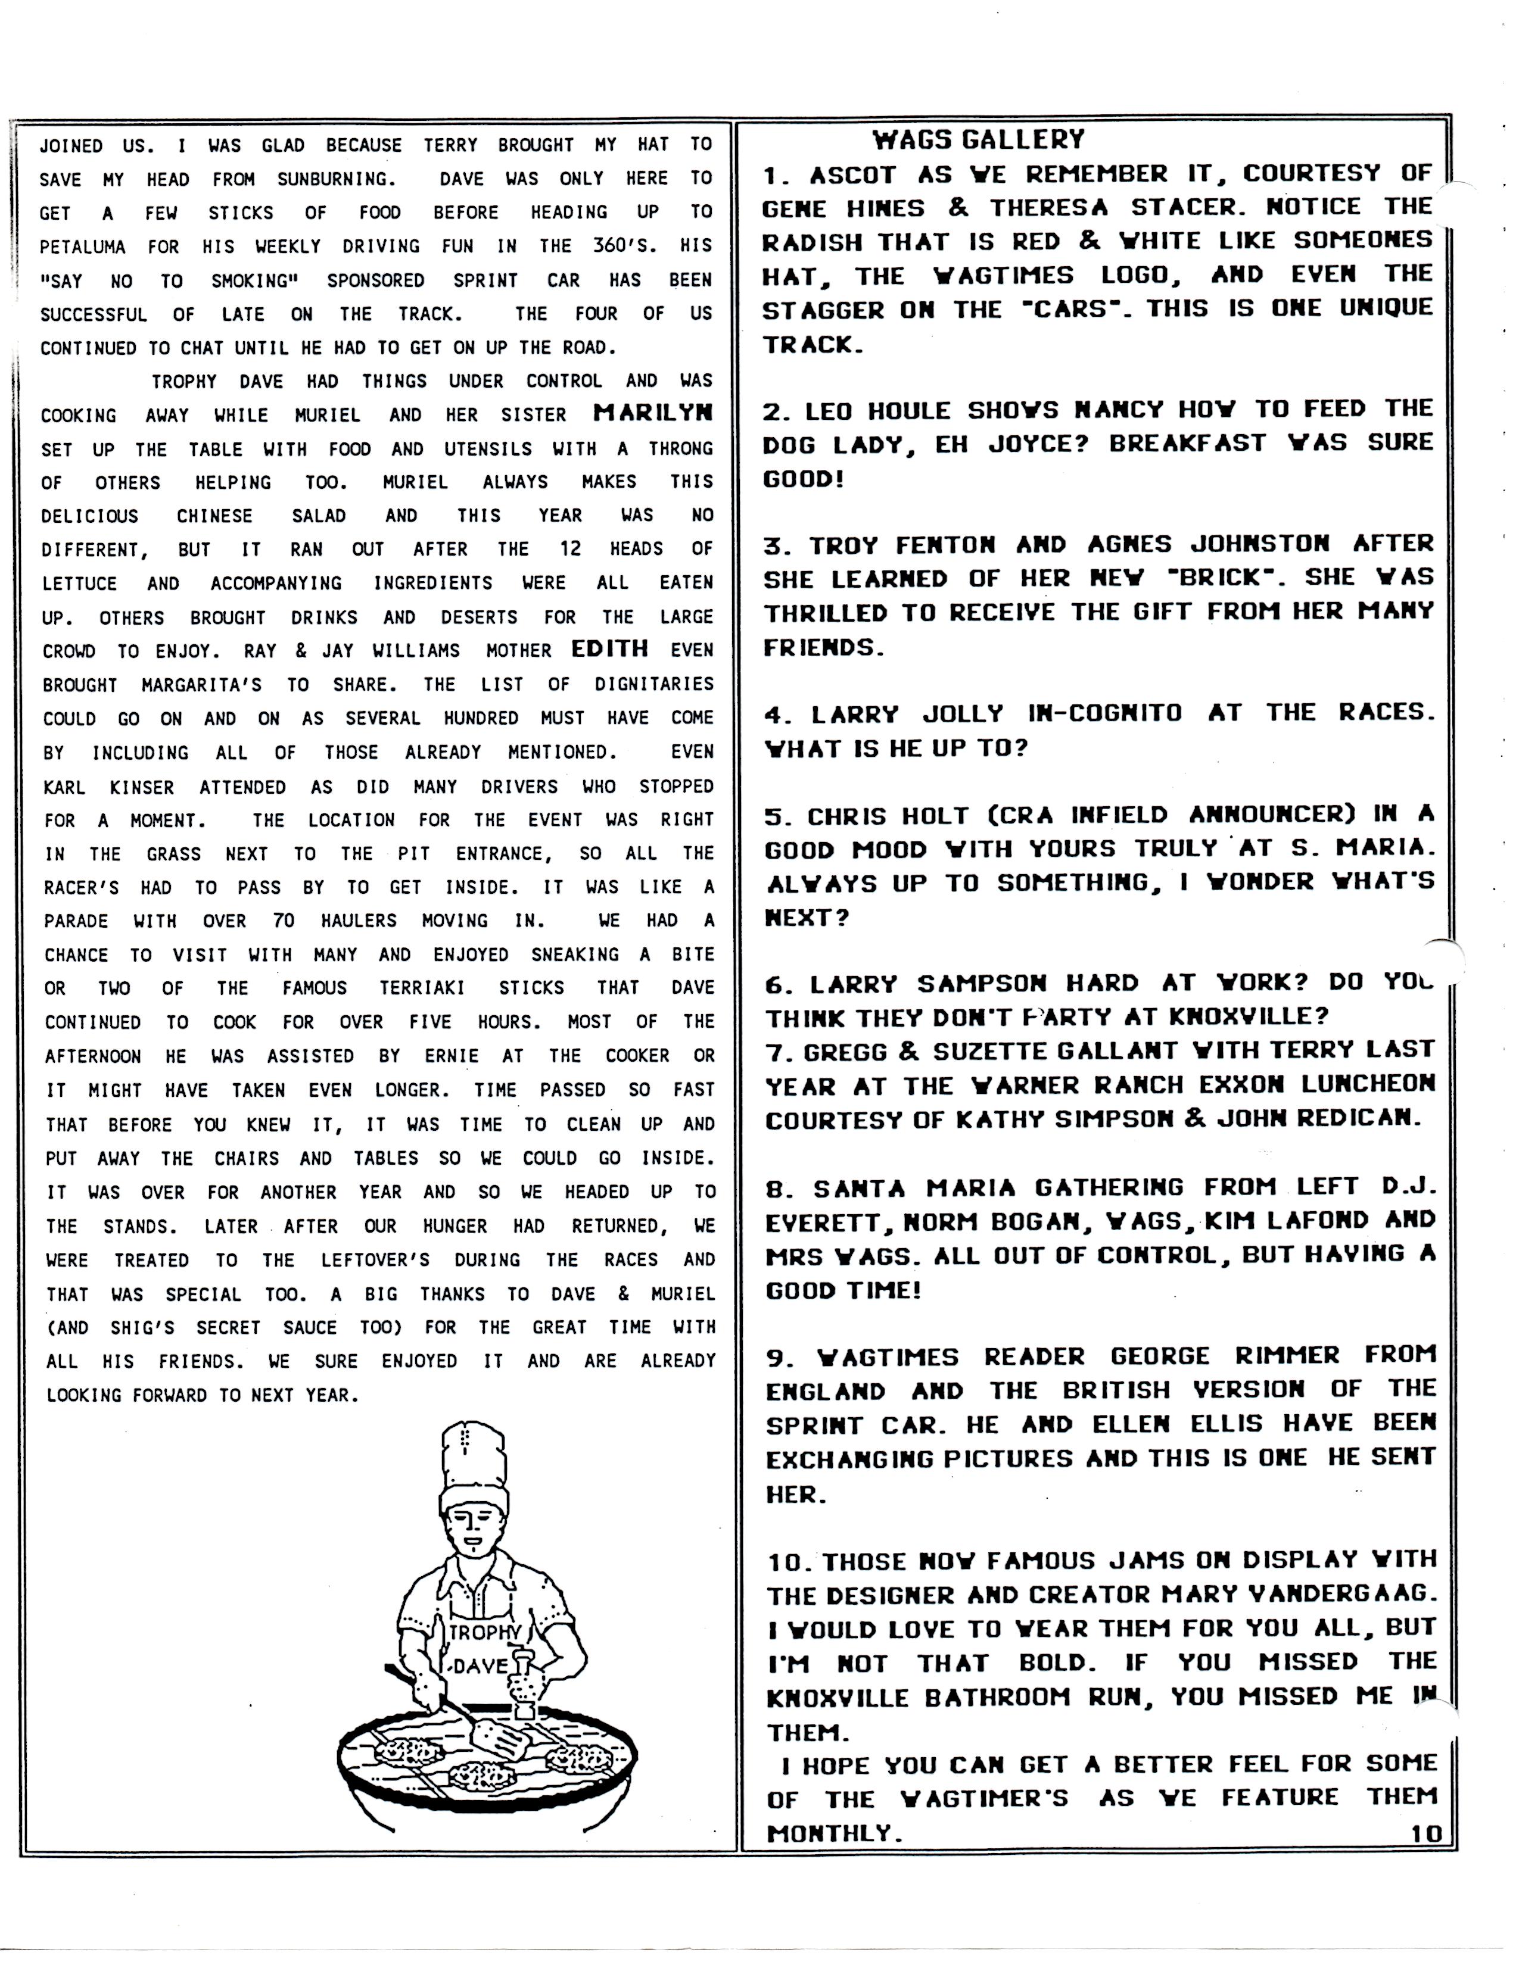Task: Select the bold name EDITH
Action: [x=609, y=648]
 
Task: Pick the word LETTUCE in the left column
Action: [x=80, y=583]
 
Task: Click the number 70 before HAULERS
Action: [x=284, y=921]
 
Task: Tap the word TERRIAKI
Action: [x=422, y=988]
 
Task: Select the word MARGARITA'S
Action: [x=201, y=685]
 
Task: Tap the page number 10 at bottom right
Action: [x=1426, y=1833]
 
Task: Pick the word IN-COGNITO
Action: [x=1104, y=713]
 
